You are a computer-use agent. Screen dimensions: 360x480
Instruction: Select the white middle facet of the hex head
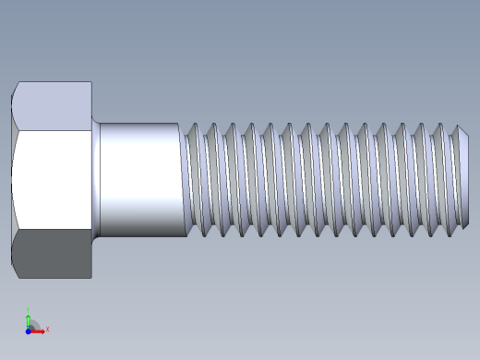[54, 179]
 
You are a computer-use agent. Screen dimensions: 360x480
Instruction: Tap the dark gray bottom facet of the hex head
[54, 253]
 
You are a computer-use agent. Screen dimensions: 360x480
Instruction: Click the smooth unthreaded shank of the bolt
[138, 179]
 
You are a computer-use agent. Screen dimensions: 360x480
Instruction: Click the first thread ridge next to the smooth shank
[192, 179]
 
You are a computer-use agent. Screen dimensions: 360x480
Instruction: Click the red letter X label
[47, 329]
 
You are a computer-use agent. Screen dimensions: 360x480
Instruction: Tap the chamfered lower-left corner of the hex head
[16, 270]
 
